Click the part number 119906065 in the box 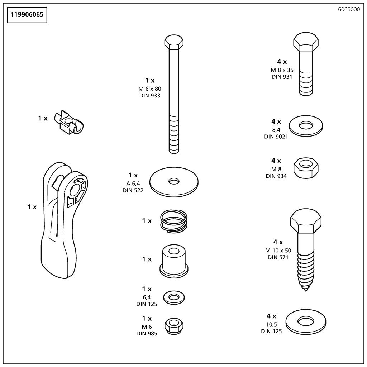click(27, 15)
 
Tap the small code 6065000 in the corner click(349, 10)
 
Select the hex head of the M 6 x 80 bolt click(174, 42)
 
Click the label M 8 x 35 click(282, 70)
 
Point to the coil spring click(174, 221)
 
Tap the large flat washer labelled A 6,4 click(174, 182)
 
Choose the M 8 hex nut click(306, 168)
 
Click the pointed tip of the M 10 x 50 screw click(306, 291)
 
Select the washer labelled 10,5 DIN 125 click(306, 321)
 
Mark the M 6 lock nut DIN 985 click(174, 326)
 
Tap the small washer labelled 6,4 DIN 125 click(174, 297)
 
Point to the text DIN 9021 click(276, 137)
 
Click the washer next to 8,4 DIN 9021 click(306, 126)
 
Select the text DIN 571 click(278, 257)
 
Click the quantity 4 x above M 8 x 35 click(282, 62)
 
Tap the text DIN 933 click(150, 95)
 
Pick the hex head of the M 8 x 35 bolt click(306, 42)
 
